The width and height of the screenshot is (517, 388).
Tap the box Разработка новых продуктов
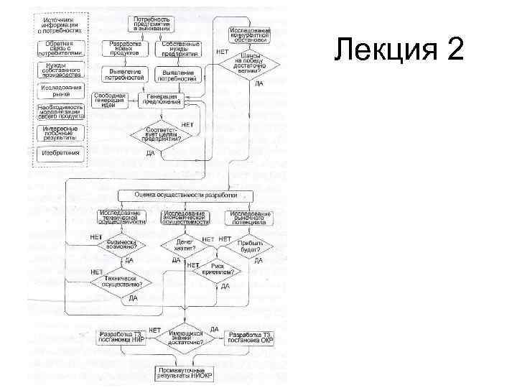(x=125, y=48)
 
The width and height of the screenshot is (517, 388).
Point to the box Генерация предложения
(x=162, y=100)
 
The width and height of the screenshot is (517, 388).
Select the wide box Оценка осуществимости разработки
(x=185, y=195)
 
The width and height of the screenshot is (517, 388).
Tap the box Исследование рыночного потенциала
(x=249, y=218)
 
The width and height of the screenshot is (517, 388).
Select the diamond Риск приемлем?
(x=217, y=270)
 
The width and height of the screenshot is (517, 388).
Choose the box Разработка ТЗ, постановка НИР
(x=121, y=337)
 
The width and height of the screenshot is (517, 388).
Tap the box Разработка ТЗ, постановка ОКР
(x=249, y=337)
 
